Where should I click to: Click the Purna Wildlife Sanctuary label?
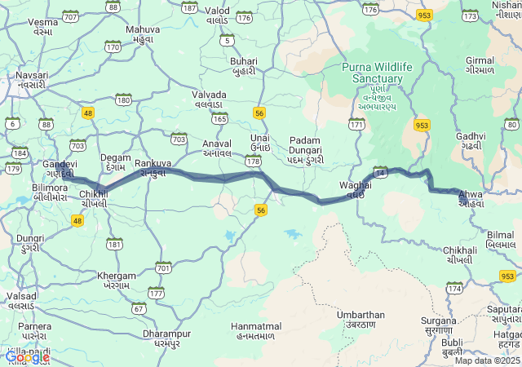pos(372,72)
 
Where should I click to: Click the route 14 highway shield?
pos(380,172)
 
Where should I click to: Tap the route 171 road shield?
pos(356,124)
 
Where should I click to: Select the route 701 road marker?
pos(164,267)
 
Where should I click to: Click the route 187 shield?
pos(189,7)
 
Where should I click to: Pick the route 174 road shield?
pos(453,288)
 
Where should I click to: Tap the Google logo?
pos(26,356)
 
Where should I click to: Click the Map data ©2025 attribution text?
pos(487,360)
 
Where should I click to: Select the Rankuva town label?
pos(153,164)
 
